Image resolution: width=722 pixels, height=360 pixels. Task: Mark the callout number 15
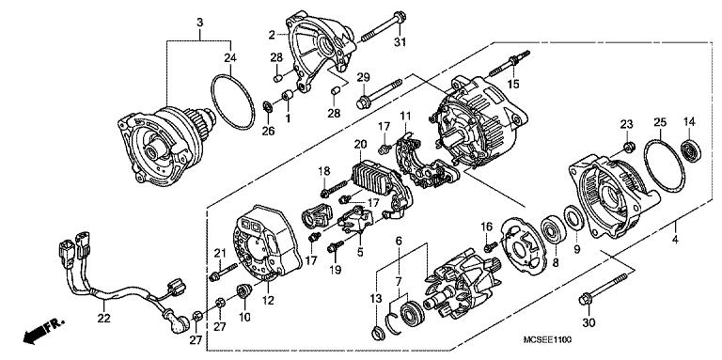click(514, 84)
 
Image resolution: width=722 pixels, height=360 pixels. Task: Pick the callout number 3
click(199, 22)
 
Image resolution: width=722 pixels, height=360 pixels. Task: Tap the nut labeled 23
click(628, 146)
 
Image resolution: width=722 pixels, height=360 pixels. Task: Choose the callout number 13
click(376, 298)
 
